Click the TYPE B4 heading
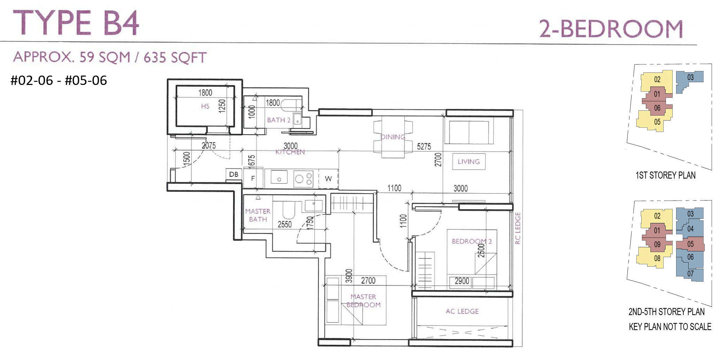(x=76, y=23)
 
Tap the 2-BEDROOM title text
(x=611, y=29)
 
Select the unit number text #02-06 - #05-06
(x=59, y=80)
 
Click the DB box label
(x=234, y=174)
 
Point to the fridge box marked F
(x=253, y=178)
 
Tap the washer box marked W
(x=328, y=179)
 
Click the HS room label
(x=205, y=106)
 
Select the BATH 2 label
(x=278, y=120)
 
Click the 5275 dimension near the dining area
(x=424, y=147)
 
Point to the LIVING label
(x=468, y=162)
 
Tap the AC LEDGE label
(x=462, y=311)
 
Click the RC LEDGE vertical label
(x=517, y=228)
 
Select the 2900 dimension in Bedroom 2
(x=462, y=281)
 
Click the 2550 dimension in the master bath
(x=284, y=225)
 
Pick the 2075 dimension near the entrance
(x=209, y=146)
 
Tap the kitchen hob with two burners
(x=303, y=179)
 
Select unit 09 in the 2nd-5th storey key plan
(x=657, y=244)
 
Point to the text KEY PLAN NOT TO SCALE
(x=669, y=327)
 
